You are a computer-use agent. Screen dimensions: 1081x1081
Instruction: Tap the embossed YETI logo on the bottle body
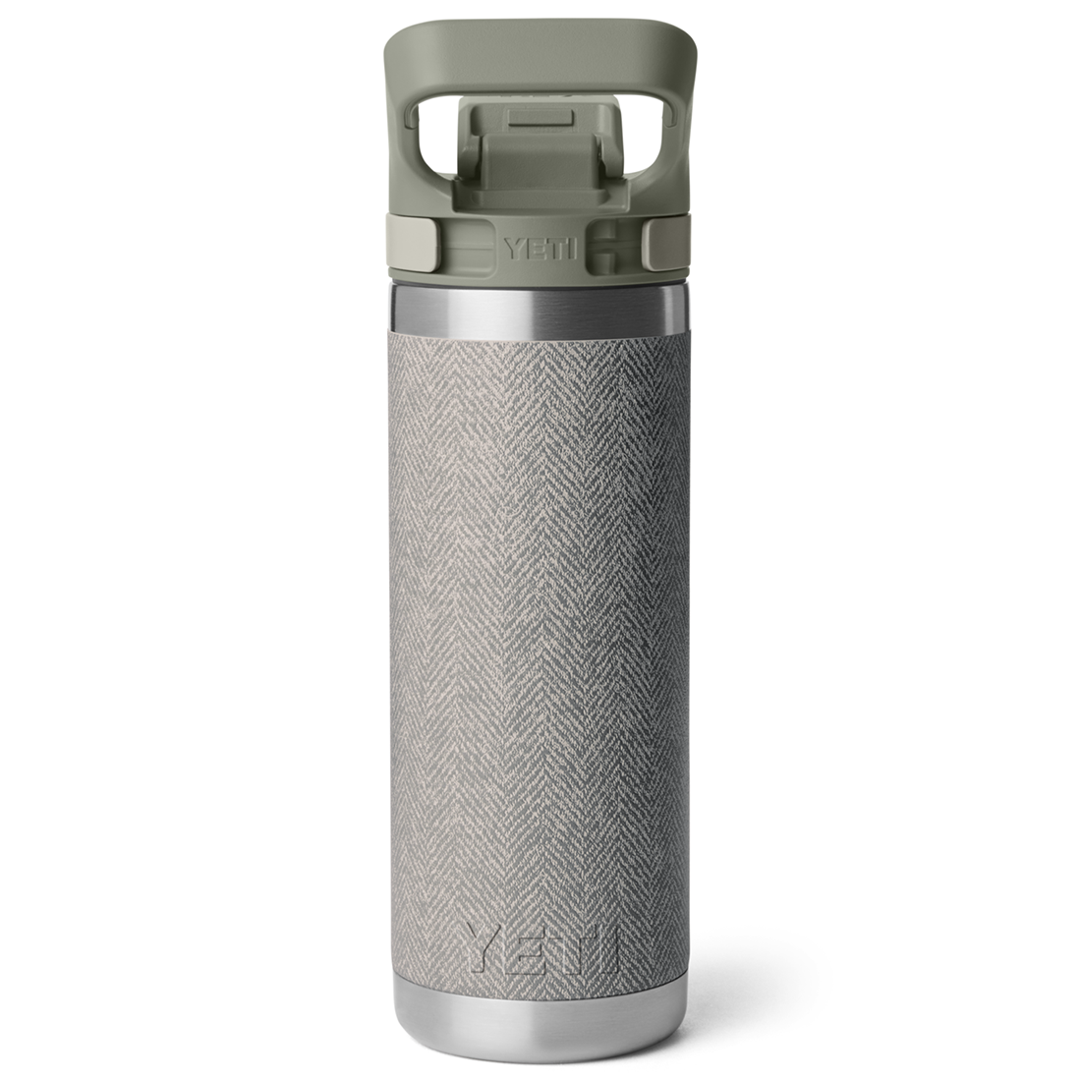[x=541, y=948]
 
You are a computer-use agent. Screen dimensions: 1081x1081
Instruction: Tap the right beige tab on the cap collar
[x=666, y=242]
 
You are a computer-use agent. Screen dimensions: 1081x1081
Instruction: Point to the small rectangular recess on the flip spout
[x=540, y=118]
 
